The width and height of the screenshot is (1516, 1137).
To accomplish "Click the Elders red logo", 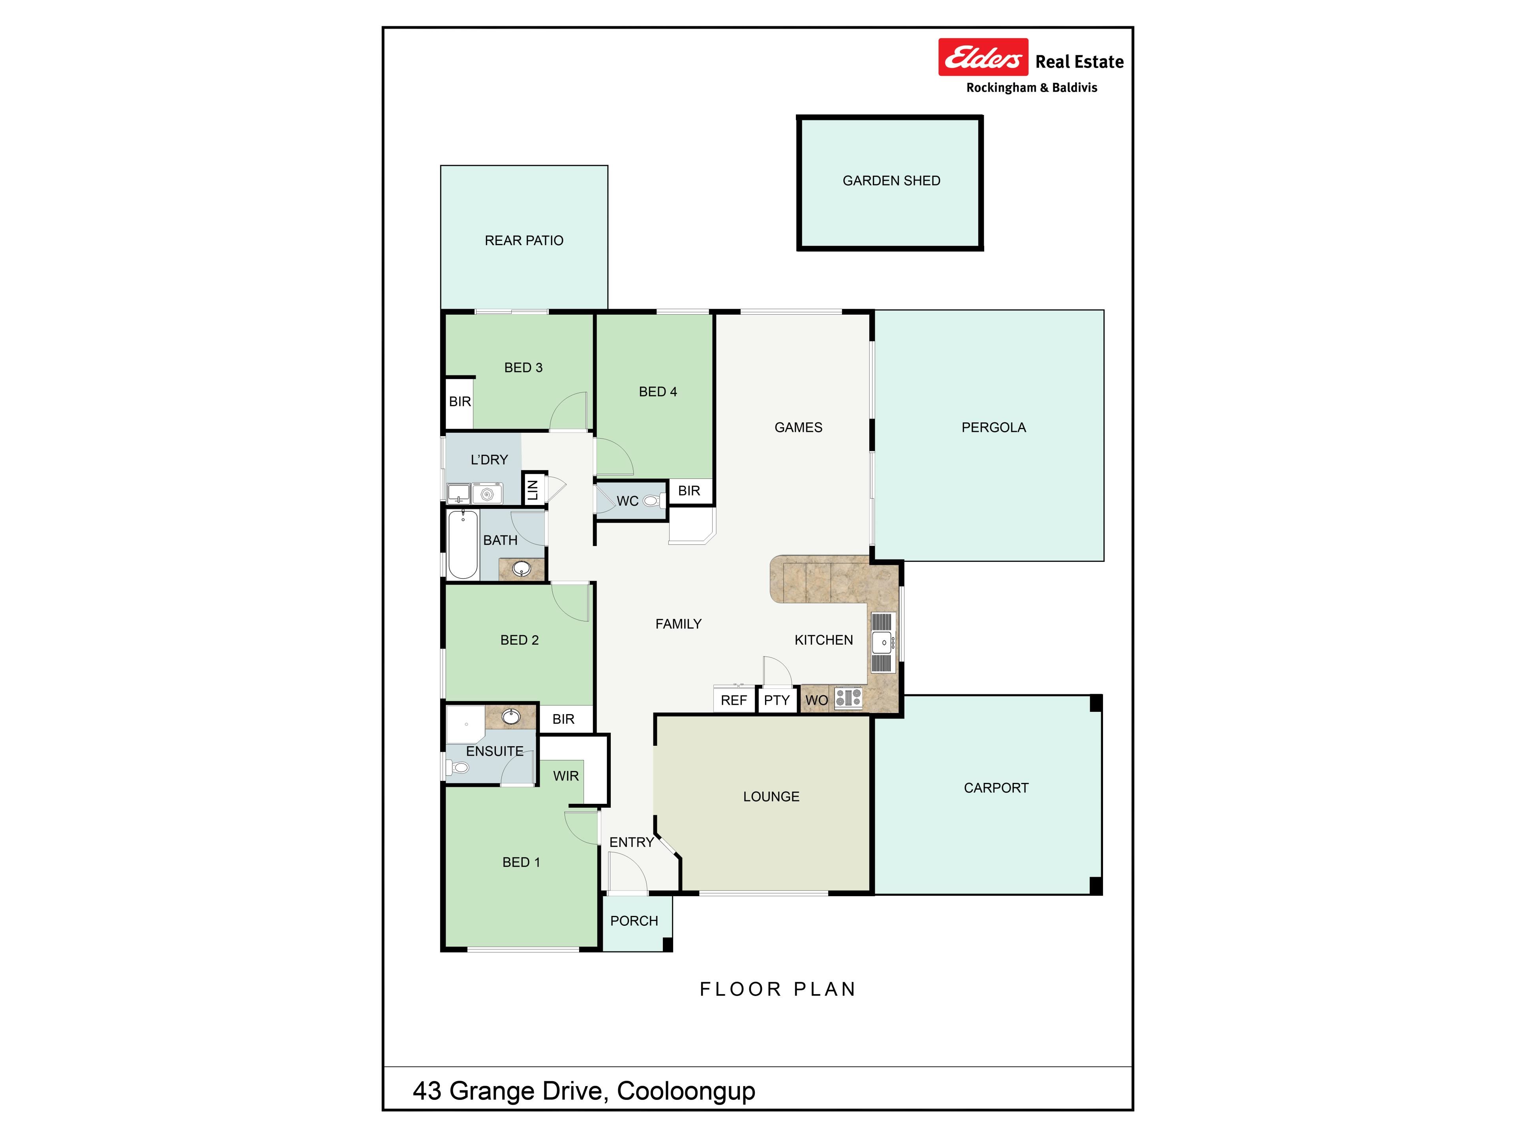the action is [983, 57].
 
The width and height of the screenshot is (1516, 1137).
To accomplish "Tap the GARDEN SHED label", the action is [891, 181].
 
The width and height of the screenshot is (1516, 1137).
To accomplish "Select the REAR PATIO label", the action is [523, 240].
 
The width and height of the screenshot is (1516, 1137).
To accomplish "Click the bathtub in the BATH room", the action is [463, 545].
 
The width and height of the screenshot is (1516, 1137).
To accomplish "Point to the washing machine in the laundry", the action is [487, 493].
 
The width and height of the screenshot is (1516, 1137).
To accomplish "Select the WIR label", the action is [566, 776].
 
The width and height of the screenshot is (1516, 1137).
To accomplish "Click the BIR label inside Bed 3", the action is [460, 402].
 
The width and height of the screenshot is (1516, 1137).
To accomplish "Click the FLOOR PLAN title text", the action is [778, 989].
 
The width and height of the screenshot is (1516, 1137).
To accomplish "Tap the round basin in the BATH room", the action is [522, 568].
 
